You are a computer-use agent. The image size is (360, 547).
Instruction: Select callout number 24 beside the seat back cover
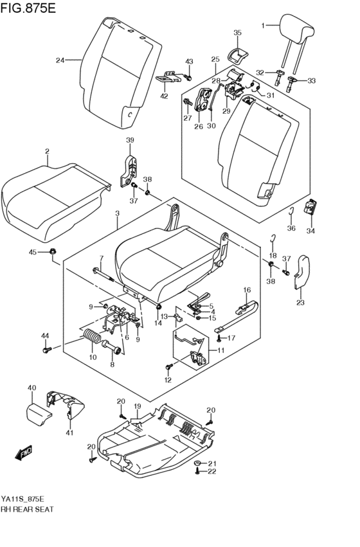click(x=60, y=61)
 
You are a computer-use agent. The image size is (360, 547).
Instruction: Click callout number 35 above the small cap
click(x=237, y=33)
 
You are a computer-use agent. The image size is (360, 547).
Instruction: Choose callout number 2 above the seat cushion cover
click(x=47, y=152)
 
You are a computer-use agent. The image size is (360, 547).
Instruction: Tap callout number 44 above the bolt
click(x=45, y=336)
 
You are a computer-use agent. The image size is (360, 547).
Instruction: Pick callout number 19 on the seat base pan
click(x=136, y=406)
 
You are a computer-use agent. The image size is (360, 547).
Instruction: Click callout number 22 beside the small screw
click(x=211, y=472)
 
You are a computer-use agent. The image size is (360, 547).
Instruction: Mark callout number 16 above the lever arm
click(x=246, y=291)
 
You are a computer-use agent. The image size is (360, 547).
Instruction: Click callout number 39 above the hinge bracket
click(x=129, y=141)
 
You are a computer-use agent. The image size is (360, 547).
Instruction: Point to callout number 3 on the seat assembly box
click(x=117, y=213)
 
